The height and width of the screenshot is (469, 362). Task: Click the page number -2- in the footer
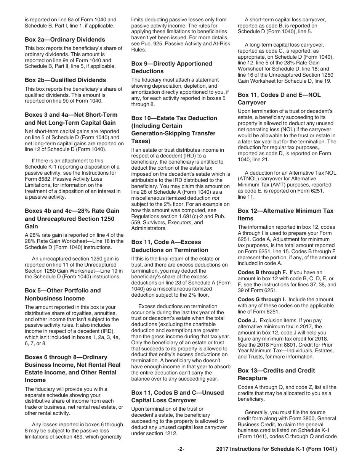click(x=181, y=449)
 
